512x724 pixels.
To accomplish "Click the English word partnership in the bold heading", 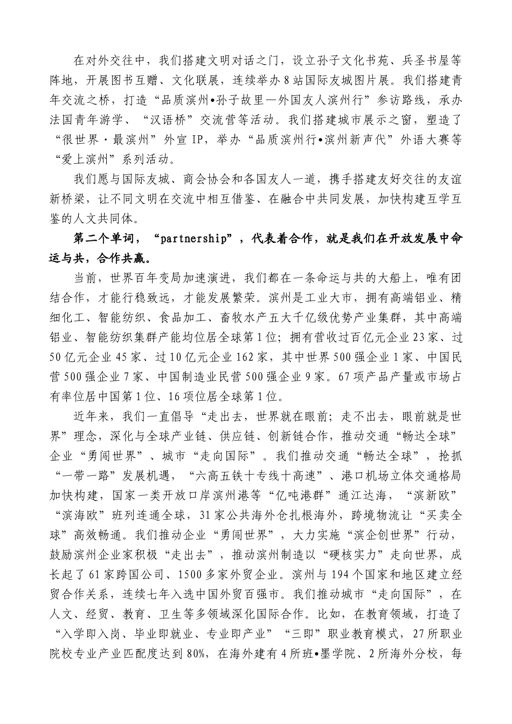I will (x=191, y=239).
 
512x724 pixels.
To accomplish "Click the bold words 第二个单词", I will (x=103, y=239).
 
